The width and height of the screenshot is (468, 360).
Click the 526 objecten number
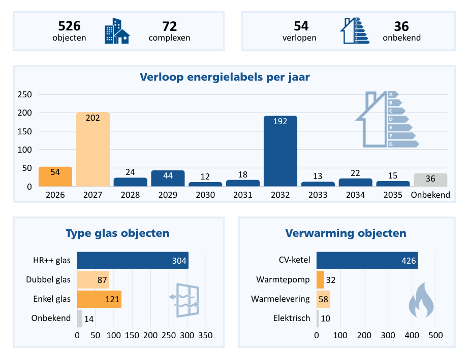tap(69, 26)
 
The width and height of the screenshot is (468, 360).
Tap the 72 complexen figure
tap(169, 26)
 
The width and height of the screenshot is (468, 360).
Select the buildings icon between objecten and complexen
tap(117, 31)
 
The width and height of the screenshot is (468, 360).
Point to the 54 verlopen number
tap(301, 26)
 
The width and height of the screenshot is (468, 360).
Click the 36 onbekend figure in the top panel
tap(401, 26)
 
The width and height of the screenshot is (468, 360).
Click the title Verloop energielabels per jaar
tap(225, 78)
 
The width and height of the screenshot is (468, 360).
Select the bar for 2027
tap(93, 149)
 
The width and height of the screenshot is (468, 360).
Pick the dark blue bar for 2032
tap(280, 151)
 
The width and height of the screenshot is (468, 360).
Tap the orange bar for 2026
tap(55, 176)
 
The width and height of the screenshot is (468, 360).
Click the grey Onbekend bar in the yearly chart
tap(430, 180)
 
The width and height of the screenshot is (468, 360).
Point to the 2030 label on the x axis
tap(205, 195)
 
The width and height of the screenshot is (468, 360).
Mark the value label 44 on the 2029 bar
tap(168, 175)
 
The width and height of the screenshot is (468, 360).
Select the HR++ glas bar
tap(133, 260)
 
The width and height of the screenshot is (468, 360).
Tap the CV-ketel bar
tap(367, 260)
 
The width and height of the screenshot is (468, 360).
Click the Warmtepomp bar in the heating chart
tap(320, 279)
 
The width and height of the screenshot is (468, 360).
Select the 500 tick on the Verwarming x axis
tap(435, 335)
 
